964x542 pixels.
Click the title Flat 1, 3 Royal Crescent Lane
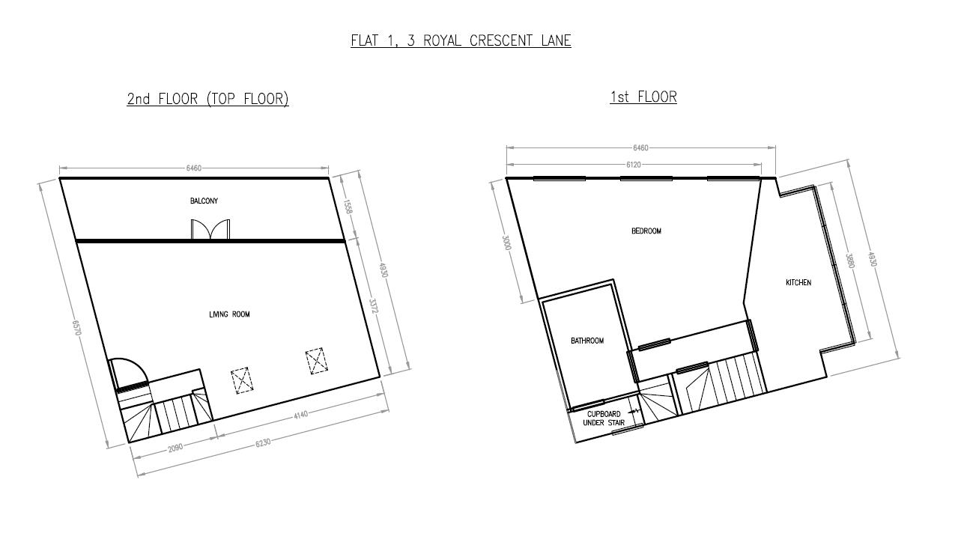pyautogui.click(x=461, y=40)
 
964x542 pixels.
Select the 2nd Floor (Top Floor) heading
pyautogui.click(x=207, y=99)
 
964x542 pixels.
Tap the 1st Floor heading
pyautogui.click(x=643, y=97)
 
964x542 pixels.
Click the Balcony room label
pyautogui.click(x=204, y=201)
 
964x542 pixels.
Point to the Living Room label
pyautogui.click(x=229, y=314)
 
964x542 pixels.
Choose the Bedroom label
pyautogui.click(x=646, y=231)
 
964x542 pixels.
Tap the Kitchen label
pyautogui.click(x=798, y=282)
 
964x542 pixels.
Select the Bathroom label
pyautogui.click(x=586, y=341)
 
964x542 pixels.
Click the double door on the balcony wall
pyautogui.click(x=210, y=229)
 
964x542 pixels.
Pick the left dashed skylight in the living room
pyautogui.click(x=240, y=380)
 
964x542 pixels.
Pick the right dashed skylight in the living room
pyautogui.click(x=317, y=361)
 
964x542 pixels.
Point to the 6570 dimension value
pyautogui.click(x=76, y=328)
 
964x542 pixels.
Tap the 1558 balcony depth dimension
pyautogui.click(x=348, y=207)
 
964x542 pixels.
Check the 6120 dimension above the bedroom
pyautogui.click(x=633, y=165)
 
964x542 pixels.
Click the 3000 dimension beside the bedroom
pyautogui.click(x=507, y=243)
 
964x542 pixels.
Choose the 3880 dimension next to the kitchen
pyautogui.click(x=849, y=261)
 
